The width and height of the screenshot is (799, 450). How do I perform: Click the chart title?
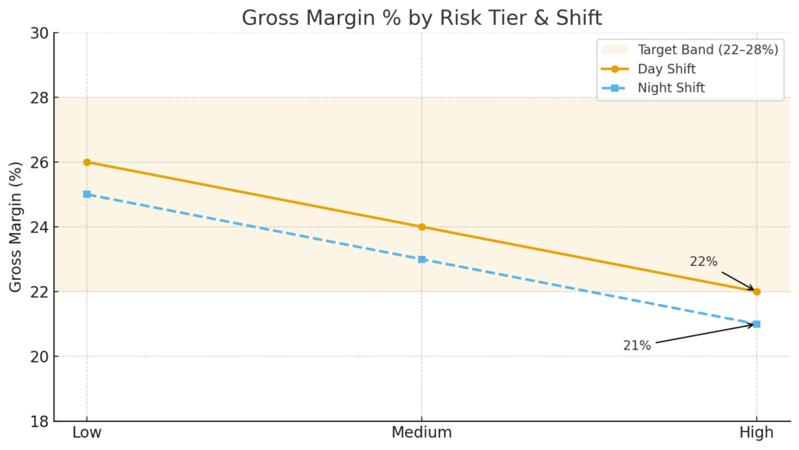point(421,17)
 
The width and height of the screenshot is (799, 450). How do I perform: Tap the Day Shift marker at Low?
point(87,162)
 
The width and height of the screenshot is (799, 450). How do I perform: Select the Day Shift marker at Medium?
point(421,227)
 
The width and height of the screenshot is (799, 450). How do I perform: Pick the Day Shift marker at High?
point(756,292)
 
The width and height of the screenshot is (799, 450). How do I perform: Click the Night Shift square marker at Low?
point(87,194)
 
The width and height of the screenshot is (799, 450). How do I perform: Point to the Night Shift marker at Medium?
point(421,259)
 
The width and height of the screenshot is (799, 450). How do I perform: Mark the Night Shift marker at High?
point(756,324)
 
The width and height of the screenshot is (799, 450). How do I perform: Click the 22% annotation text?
point(703,262)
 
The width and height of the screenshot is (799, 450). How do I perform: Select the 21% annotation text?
point(637,345)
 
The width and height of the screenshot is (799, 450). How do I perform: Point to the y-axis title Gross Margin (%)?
point(16,227)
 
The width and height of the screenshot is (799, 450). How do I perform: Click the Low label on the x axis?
point(87,433)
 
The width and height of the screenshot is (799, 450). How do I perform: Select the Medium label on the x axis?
point(421,433)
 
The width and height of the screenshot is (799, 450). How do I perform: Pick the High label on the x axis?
point(756,433)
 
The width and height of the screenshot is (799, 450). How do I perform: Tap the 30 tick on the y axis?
point(39,33)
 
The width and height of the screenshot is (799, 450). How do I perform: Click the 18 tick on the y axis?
point(39,422)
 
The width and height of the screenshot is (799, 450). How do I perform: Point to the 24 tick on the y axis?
point(39,227)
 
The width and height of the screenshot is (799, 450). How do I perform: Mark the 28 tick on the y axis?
point(39,97)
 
